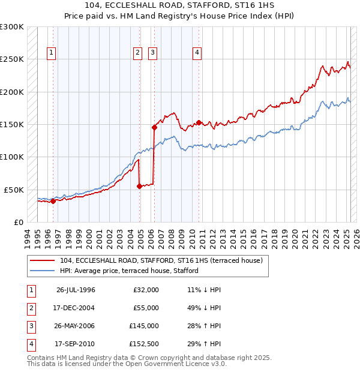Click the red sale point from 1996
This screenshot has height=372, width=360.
53,201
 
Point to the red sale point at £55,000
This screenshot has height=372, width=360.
139,186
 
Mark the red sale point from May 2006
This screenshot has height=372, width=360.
154,127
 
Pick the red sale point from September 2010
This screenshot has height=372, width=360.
199,122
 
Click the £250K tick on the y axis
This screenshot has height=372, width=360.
12,59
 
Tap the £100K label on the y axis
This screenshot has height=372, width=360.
12,157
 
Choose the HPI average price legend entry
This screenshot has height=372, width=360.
128,271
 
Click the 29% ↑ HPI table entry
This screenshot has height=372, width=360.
205,344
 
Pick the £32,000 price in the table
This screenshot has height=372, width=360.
146,290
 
